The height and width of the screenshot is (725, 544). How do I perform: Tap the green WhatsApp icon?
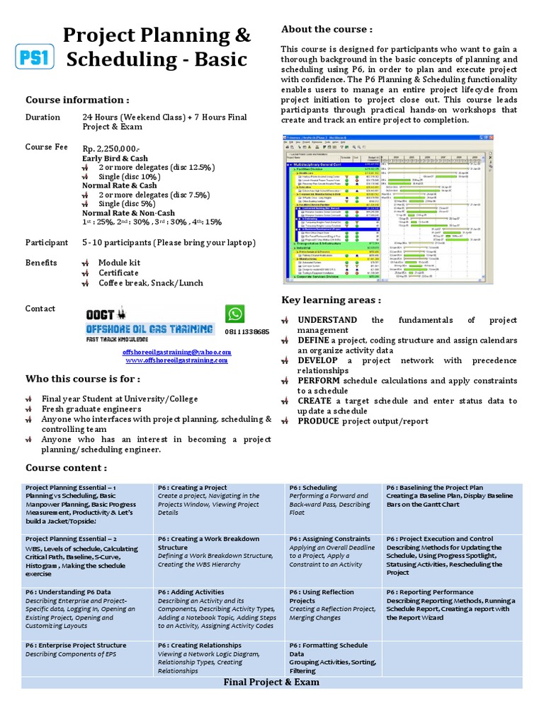[x=234, y=314]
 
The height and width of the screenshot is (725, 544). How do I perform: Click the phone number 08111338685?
[x=247, y=332]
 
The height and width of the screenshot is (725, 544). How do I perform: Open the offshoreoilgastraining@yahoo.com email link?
[x=177, y=352]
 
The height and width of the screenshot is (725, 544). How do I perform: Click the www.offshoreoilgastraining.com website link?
[x=177, y=360]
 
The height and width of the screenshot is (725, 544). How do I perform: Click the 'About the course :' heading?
[x=327, y=29]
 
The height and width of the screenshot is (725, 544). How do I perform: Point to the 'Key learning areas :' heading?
[x=331, y=300]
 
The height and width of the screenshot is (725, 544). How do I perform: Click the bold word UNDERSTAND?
[x=327, y=320]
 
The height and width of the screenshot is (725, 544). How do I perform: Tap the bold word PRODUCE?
[x=319, y=421]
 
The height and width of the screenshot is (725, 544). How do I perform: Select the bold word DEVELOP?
[x=317, y=360]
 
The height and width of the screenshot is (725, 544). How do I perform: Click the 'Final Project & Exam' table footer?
[x=271, y=682]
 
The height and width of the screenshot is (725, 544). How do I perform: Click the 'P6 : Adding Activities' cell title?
[x=191, y=592]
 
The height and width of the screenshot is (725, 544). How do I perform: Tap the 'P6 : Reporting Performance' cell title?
[x=430, y=592]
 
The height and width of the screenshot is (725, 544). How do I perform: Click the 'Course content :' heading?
[x=66, y=468]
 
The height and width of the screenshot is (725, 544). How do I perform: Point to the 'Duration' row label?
[x=43, y=118]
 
